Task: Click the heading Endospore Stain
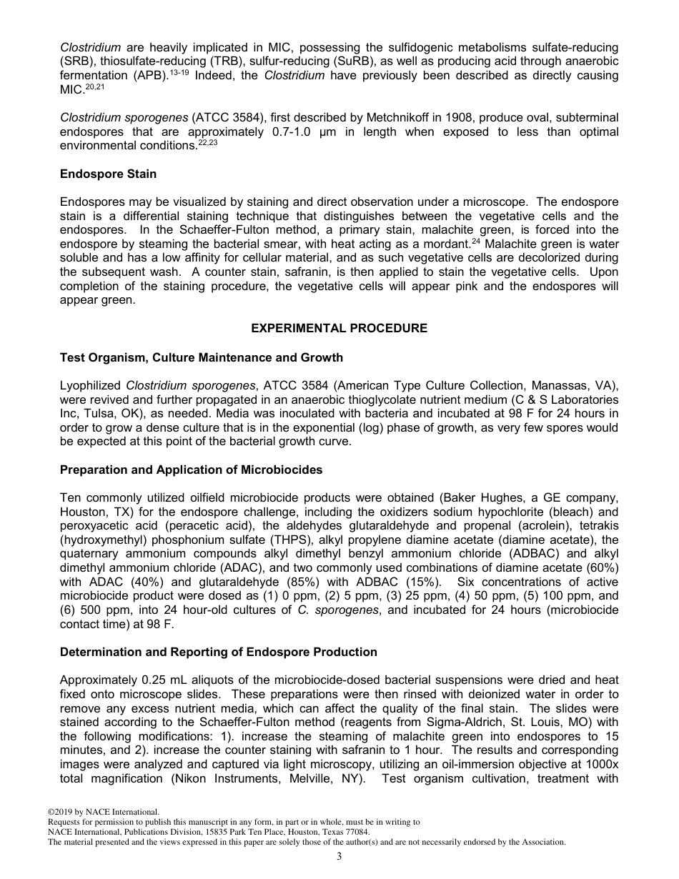coord(108,174)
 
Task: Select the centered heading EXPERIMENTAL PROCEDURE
coord(339,328)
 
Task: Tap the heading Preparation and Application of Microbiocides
coord(191,470)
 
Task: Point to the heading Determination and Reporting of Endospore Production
coord(218,652)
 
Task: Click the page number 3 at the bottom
coord(339,857)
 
